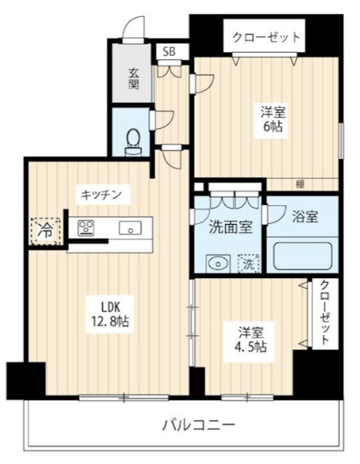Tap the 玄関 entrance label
[x=133, y=79]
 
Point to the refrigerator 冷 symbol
[x=46, y=230]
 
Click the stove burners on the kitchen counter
[x=85, y=228]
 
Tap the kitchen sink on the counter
[x=129, y=228]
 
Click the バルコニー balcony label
[x=198, y=424]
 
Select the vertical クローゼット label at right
[x=324, y=313]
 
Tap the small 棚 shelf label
[x=300, y=184]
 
